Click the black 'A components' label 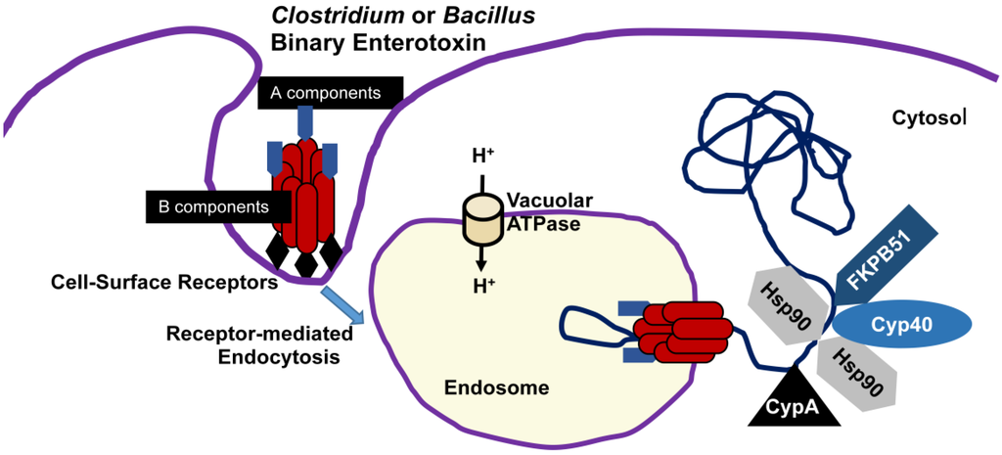330,93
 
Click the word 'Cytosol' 930,117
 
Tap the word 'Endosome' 496,388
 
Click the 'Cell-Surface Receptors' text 163,283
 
